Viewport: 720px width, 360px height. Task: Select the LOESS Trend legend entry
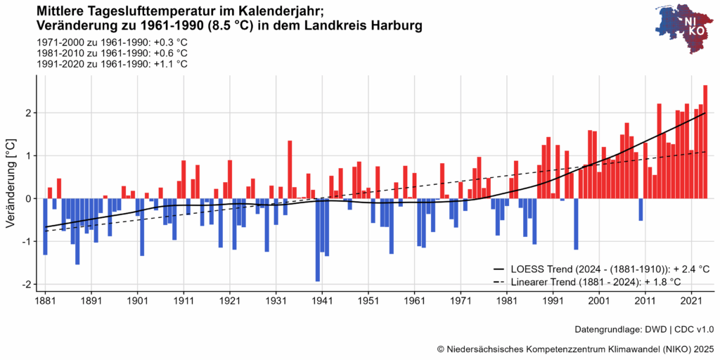[601, 269]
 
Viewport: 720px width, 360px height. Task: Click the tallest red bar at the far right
[705, 141]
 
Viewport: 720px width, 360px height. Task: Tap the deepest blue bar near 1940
[318, 240]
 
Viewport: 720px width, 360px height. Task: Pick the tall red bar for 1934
[290, 169]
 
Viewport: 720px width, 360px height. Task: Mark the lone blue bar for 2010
[641, 210]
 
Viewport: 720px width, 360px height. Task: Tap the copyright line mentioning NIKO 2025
[575, 348]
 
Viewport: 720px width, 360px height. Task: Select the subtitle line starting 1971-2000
[111, 42]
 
